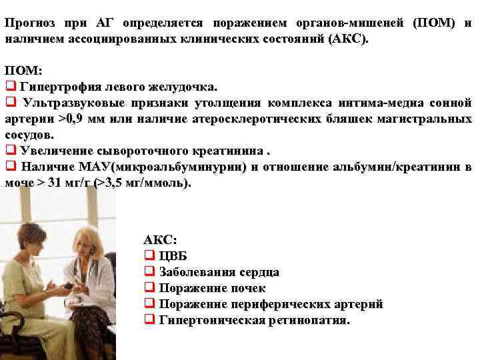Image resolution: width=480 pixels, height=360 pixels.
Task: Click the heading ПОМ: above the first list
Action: (23, 71)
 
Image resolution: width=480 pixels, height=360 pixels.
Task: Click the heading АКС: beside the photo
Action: (161, 240)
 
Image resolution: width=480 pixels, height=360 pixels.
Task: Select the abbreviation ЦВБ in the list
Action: (173, 256)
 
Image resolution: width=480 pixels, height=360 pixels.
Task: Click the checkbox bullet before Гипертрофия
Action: (10, 87)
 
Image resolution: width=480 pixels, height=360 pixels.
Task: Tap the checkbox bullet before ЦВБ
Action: (149, 256)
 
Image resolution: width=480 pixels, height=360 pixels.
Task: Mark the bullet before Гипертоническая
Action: (149, 320)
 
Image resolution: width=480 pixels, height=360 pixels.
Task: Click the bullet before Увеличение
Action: (10, 150)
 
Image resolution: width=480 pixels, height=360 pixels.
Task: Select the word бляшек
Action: (354, 119)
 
